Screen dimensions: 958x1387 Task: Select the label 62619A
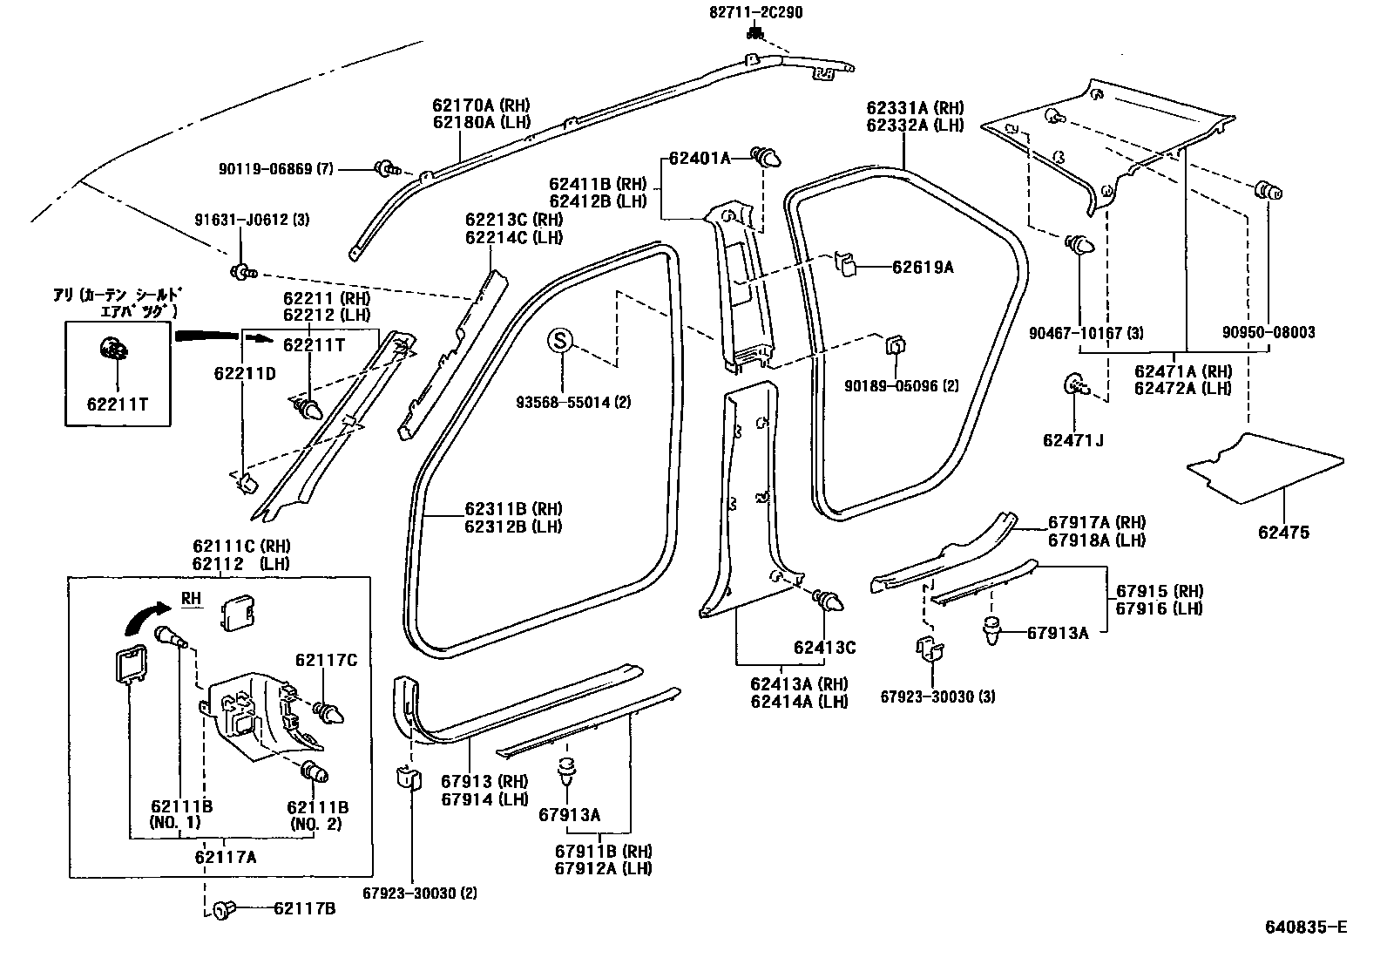point(922,268)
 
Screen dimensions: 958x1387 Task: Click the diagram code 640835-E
point(1305,926)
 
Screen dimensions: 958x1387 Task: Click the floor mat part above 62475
point(1265,468)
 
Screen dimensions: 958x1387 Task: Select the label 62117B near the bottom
point(304,910)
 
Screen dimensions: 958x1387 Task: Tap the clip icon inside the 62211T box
point(113,350)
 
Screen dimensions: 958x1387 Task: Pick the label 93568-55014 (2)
point(573,402)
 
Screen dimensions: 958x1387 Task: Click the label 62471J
point(1072,440)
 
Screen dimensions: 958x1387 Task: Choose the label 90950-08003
point(1268,332)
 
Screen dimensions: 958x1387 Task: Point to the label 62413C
point(824,648)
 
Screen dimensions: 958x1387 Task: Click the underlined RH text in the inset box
point(192,598)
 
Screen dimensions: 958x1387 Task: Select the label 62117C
point(326,661)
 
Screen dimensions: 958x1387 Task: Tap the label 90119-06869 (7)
point(278,169)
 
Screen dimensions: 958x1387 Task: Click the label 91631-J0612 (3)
point(252,220)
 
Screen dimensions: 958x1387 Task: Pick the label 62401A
point(699,158)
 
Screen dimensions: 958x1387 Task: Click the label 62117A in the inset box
point(227,858)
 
